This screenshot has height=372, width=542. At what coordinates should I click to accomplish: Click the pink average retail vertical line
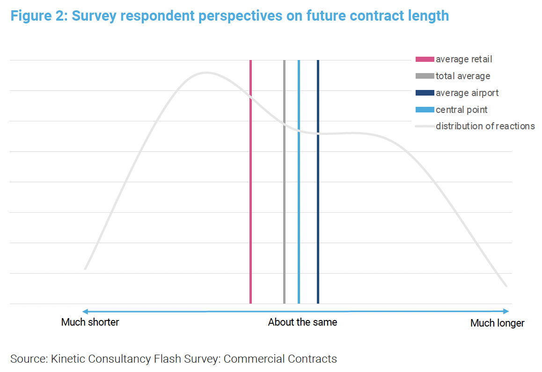point(251,187)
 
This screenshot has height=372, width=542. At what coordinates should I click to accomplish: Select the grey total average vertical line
point(284,187)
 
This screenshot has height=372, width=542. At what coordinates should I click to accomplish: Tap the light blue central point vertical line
point(299,187)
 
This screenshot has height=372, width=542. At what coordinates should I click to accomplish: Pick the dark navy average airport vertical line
point(318,187)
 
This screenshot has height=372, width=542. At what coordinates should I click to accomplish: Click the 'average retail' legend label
point(464,60)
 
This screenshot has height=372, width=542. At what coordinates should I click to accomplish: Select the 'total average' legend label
point(463,76)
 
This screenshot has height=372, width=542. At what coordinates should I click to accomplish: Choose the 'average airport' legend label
point(467,93)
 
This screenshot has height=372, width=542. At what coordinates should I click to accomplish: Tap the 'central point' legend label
point(461,110)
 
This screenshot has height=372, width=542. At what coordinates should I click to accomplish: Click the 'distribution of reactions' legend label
point(485,126)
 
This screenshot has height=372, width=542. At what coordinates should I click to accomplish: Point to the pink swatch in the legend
point(425,60)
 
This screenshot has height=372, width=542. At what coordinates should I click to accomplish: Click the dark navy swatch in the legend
point(425,93)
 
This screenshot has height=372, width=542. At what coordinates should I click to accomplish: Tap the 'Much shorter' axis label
point(90,322)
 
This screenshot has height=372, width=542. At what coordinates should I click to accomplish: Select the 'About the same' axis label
point(302,322)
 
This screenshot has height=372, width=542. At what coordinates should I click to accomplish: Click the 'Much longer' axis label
point(497,323)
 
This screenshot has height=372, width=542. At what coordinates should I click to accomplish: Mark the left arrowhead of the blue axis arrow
point(85,311)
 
